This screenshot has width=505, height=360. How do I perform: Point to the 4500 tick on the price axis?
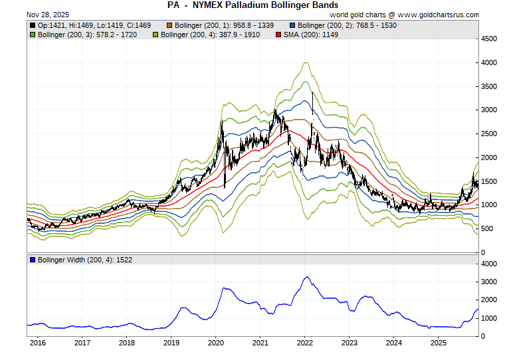(x=490, y=39)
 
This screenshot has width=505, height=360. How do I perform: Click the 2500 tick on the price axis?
(x=490, y=134)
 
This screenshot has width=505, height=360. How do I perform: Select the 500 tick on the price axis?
(x=488, y=229)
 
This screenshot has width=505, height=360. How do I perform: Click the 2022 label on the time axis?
(x=305, y=343)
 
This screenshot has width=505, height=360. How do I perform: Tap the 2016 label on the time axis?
(x=37, y=343)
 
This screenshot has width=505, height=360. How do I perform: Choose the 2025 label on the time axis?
(x=439, y=343)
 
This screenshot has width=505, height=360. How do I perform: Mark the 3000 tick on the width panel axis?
(x=490, y=282)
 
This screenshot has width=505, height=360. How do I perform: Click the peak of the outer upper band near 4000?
(x=305, y=62)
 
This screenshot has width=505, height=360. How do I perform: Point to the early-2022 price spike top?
(x=312, y=92)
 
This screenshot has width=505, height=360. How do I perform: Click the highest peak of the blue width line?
(x=306, y=277)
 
